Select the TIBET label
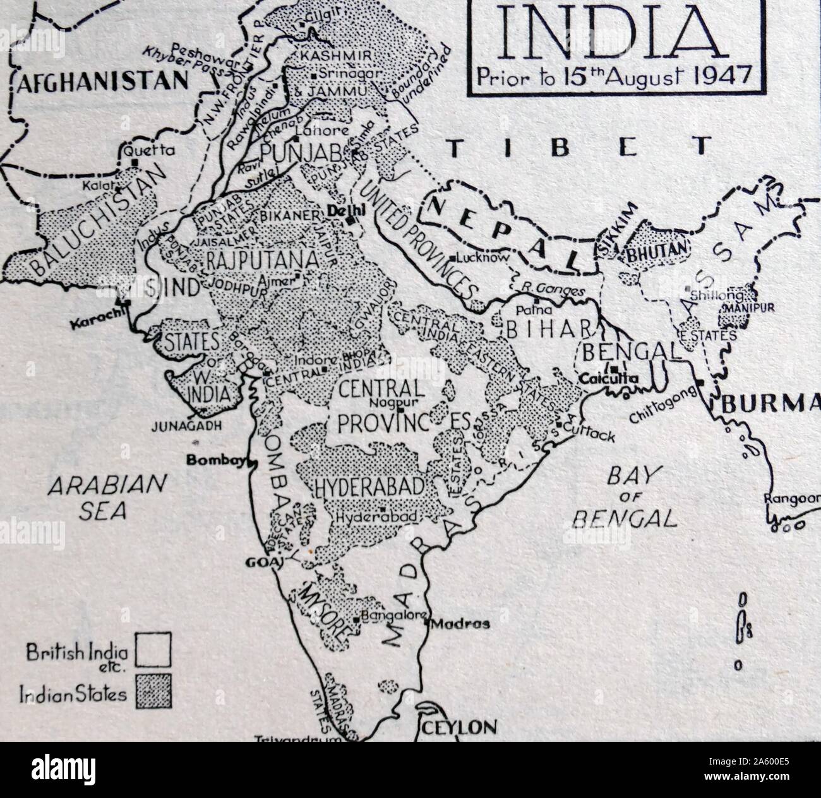point(578,147)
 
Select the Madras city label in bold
point(460,624)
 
